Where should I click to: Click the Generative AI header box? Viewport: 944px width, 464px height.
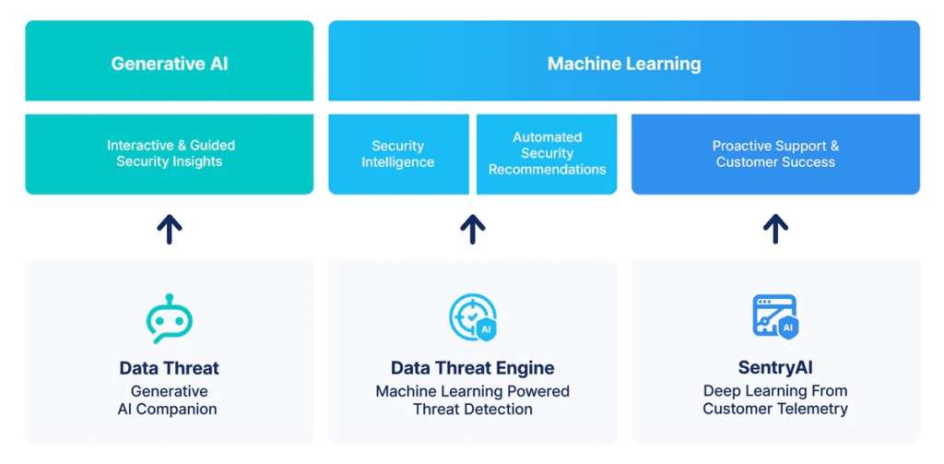pos(169,64)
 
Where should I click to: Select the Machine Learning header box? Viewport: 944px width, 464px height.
pos(624,64)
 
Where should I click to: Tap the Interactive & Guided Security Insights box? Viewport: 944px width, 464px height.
pos(169,153)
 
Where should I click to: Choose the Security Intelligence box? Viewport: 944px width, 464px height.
pos(398,153)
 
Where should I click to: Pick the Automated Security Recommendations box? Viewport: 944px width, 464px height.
pos(547,153)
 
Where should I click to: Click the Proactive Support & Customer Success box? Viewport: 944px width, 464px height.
pos(775,153)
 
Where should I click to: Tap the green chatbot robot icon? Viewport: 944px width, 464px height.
pos(170,318)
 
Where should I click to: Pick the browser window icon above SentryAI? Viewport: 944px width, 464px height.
pos(774,316)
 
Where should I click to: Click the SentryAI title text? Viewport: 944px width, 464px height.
pos(775,368)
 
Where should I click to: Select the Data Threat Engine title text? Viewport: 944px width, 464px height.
pos(473,368)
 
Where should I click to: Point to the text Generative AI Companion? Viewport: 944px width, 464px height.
pos(170,400)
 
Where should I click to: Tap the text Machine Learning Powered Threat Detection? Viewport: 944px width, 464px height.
pos(473,400)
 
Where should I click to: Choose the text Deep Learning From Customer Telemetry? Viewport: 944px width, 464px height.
pos(775,400)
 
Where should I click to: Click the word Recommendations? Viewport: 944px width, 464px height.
pos(547,170)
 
